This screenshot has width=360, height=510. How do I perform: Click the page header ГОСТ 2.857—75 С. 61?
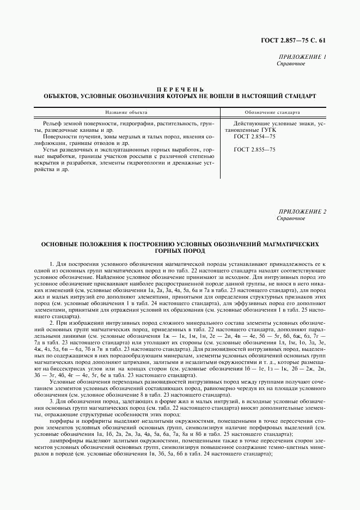point(297,40)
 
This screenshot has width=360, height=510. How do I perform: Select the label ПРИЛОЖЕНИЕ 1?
point(302,57)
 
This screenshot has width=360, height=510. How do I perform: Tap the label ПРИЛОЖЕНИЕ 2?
point(302,211)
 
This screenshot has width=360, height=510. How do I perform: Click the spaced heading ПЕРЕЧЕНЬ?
point(180,89)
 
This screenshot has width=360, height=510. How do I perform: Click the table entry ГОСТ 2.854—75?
point(254,137)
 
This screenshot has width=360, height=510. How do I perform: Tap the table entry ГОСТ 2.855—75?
point(254,149)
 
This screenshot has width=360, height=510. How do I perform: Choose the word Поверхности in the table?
point(60,137)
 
